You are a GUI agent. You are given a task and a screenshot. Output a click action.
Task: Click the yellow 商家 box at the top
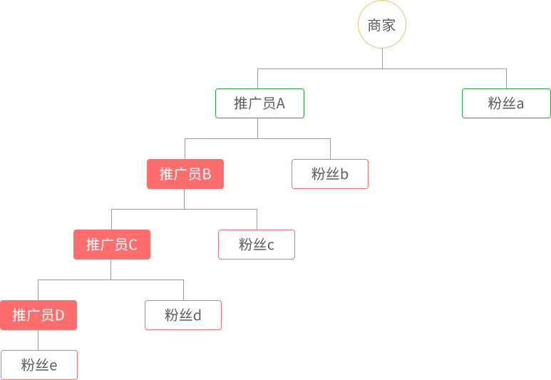[381, 24]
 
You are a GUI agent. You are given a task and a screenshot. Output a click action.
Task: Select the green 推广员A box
[259, 103]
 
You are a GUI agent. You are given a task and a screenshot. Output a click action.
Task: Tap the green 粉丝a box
[505, 103]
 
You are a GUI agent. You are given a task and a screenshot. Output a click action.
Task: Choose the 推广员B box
[185, 173]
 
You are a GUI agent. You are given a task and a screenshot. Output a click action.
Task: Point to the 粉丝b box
[329, 173]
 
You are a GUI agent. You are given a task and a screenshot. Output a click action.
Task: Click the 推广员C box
[111, 244]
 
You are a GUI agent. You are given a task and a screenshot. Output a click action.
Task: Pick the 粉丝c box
[256, 244]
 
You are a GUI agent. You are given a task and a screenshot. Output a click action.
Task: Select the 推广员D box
[38, 314]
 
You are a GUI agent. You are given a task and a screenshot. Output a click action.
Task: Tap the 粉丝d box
[182, 314]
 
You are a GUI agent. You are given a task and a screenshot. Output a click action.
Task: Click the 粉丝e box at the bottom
[38, 364]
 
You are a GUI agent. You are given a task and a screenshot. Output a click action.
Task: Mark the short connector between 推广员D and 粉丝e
[38, 339]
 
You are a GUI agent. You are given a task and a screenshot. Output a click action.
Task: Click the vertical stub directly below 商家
[382, 58]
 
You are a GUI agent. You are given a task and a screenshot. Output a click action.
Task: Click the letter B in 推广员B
[207, 174]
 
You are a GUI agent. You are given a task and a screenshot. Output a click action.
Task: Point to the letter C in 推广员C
[133, 245]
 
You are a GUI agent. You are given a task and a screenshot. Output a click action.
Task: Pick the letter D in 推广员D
[60, 315]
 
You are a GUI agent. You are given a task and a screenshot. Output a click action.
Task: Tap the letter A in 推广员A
[280, 103]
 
